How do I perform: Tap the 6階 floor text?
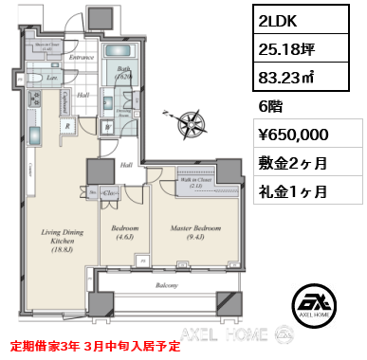pos(272,107)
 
